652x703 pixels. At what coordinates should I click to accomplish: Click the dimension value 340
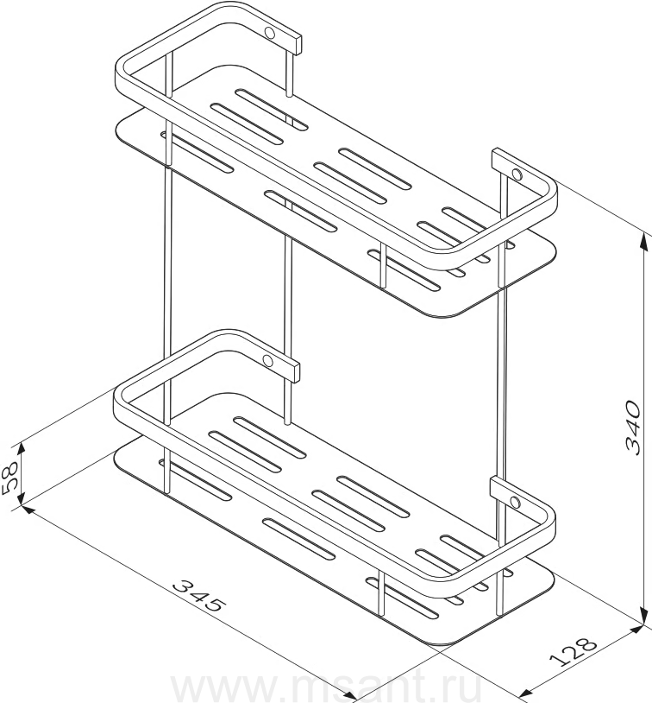tap(633, 427)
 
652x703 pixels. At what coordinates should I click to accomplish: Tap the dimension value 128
tap(574, 650)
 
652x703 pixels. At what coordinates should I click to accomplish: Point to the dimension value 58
tap(9, 478)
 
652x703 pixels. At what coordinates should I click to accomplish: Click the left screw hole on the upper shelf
tap(270, 33)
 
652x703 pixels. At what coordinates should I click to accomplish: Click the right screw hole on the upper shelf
tap(517, 174)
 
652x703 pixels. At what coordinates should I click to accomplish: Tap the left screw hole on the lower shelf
tap(267, 360)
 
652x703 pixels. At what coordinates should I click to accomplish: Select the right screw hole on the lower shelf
tap(516, 501)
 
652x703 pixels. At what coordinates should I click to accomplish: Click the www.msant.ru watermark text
tap(327, 689)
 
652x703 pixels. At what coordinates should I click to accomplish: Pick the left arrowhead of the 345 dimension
tap(28, 510)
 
